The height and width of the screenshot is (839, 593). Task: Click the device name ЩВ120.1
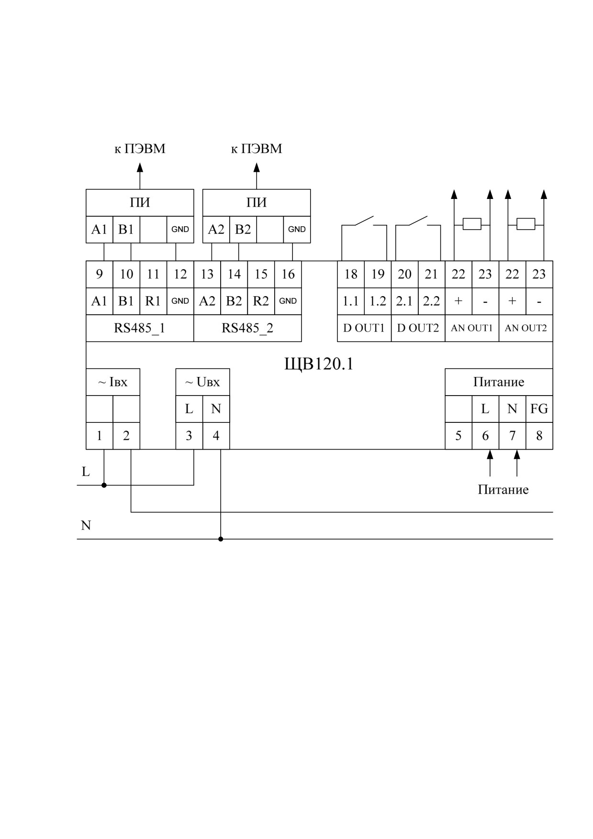(319, 364)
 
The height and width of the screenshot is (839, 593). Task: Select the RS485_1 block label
(139, 328)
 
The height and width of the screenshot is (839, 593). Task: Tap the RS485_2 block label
(247, 328)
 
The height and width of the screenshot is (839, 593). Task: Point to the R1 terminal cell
(153, 301)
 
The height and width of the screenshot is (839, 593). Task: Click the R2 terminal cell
(261, 301)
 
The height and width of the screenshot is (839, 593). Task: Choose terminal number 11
(153, 274)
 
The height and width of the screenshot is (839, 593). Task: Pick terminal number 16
(288, 274)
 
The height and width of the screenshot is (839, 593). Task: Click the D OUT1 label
(364, 328)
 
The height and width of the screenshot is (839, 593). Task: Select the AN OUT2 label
(526, 328)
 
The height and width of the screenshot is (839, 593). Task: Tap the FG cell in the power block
(539, 408)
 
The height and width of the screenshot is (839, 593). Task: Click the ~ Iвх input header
(113, 382)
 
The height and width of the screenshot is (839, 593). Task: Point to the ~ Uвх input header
(202, 382)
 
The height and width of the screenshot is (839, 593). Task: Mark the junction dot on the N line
(221, 539)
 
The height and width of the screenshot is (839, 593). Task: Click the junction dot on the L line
(104, 485)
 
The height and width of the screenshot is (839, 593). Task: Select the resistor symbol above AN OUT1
(472, 224)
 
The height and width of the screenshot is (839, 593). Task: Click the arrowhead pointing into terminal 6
(490, 454)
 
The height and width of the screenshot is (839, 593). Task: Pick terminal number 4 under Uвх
(216, 436)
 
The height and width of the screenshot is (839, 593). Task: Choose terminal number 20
(404, 274)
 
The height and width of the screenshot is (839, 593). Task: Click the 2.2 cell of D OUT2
(431, 301)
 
